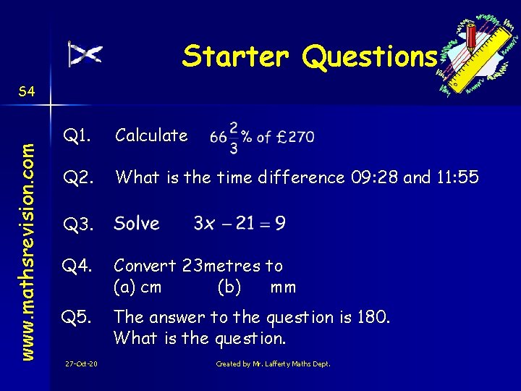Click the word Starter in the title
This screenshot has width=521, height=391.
tap(237, 56)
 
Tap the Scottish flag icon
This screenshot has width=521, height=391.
tap(85, 54)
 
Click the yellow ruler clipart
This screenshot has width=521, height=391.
tap(480, 55)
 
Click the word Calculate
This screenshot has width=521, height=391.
tap(151, 135)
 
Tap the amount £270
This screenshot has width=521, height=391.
tap(295, 137)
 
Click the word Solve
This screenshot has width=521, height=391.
tap(137, 223)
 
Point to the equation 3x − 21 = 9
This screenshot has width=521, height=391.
tap(239, 223)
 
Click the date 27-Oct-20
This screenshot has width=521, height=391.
tap(82, 363)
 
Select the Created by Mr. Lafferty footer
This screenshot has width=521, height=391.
tap(273, 363)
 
